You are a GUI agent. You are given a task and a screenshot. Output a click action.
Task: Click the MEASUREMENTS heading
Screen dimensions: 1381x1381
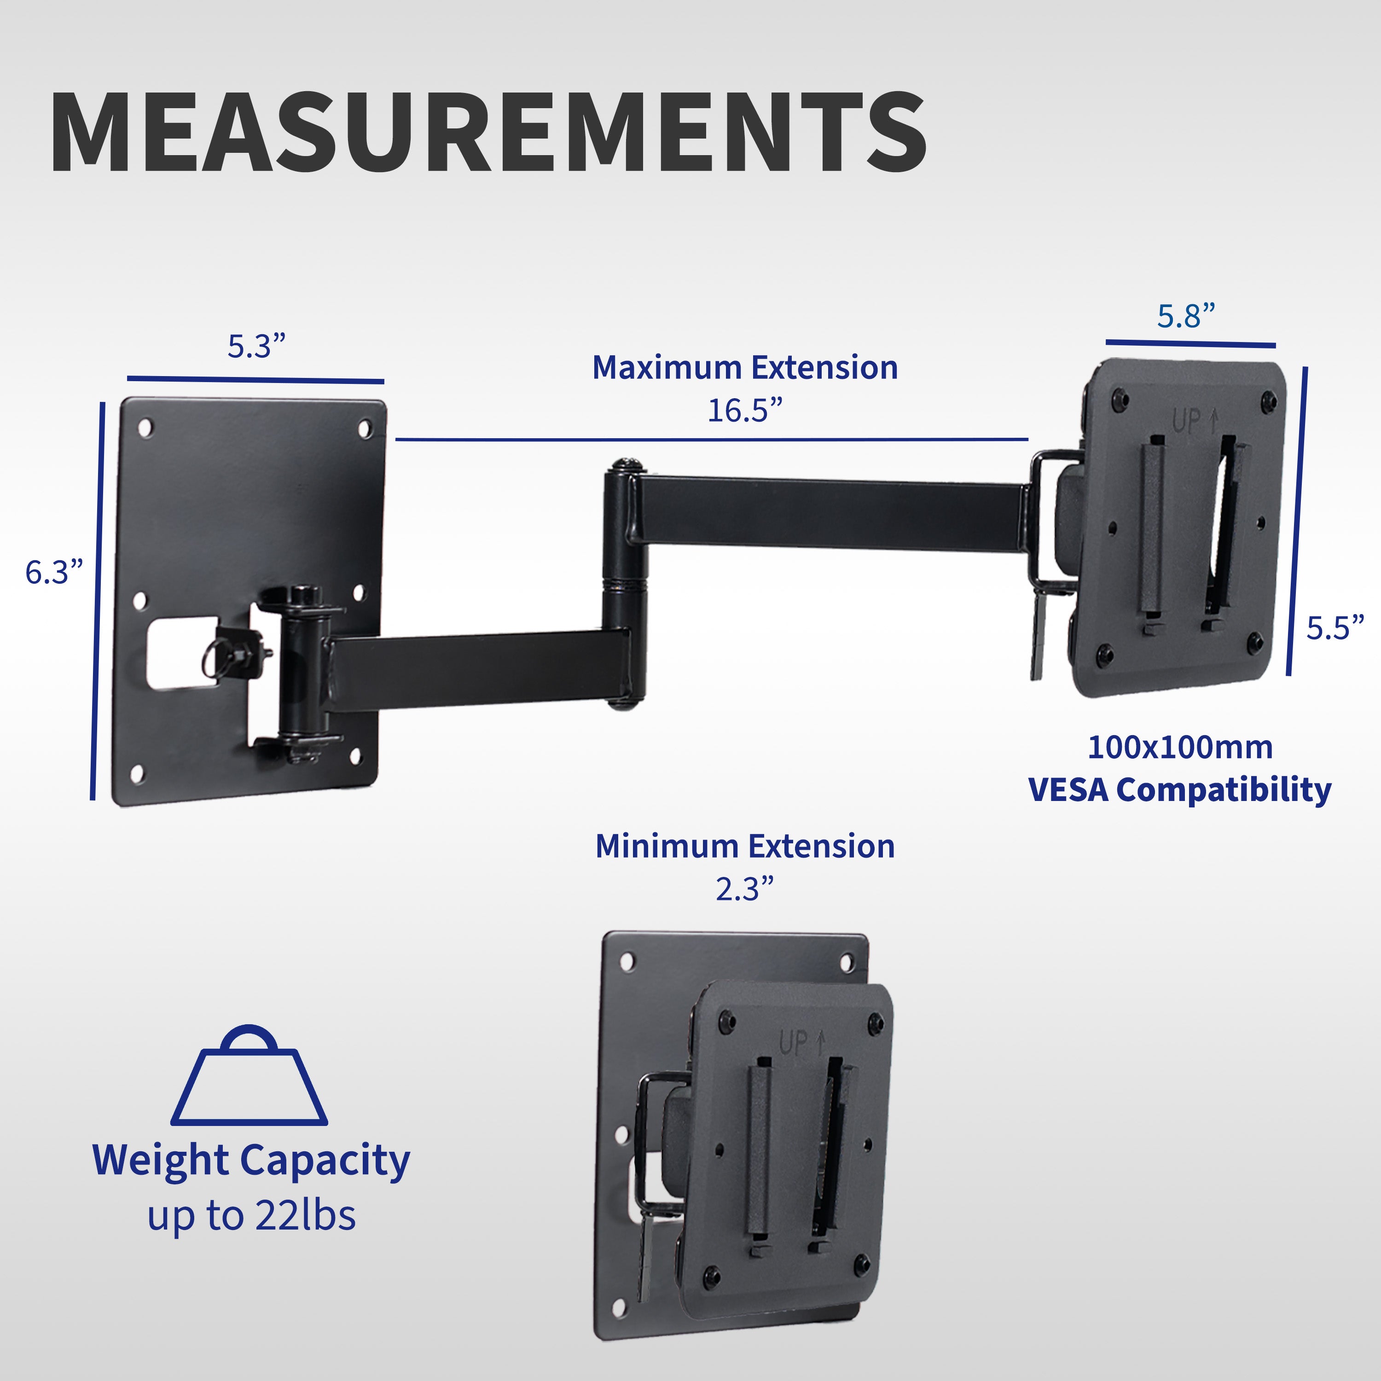pos(488,132)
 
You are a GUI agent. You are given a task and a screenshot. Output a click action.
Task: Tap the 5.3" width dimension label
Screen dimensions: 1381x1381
pos(256,347)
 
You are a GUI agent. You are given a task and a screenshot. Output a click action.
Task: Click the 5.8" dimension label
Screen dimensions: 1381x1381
pos(1186,316)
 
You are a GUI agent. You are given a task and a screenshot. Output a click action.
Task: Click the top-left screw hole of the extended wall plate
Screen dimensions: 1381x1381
pos(145,428)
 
